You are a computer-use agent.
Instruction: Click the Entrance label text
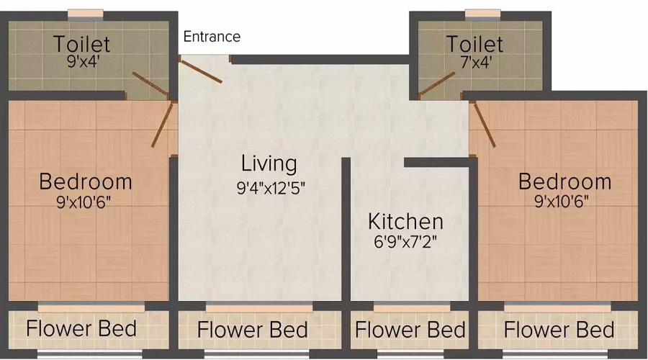tap(212, 36)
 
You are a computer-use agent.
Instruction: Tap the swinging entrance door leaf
tap(201, 71)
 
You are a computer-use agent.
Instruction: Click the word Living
tap(269, 163)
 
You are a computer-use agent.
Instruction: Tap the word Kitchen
tap(405, 220)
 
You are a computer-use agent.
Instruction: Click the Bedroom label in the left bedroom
tap(86, 180)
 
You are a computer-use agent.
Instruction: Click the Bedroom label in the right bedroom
tap(564, 181)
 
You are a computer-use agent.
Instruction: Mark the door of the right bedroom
tap(483, 124)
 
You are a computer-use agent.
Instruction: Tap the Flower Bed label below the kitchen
tap(410, 330)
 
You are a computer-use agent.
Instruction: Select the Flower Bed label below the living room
tap(252, 330)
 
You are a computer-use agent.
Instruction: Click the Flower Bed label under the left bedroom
tap(81, 330)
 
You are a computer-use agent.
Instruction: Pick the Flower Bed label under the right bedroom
tap(559, 330)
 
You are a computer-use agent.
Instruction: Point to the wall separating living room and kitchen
tap(346, 230)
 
